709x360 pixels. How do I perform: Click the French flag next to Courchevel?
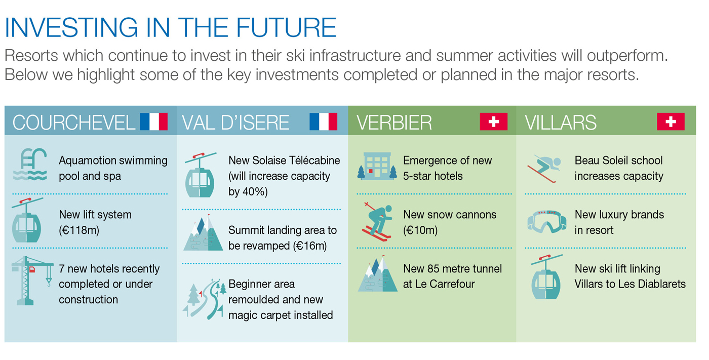pos(154,122)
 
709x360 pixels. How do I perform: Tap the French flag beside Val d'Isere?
pos(323,122)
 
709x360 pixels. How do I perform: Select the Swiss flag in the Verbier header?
pos(493,122)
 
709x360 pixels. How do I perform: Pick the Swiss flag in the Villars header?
pos(671,122)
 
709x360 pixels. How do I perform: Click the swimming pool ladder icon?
pos(30,165)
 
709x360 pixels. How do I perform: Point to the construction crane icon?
pos(31,281)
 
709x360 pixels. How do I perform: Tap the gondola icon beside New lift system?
pos(27,220)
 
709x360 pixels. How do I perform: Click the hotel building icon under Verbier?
pos(377,167)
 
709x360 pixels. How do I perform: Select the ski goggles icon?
pos(547,222)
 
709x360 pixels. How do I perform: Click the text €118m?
pos(79,230)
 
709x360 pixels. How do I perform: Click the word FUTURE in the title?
pos(286,27)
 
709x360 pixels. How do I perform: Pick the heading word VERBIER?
pos(394,123)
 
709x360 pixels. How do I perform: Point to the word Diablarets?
pos(662,284)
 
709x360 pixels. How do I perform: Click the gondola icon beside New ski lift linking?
pos(546,277)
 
